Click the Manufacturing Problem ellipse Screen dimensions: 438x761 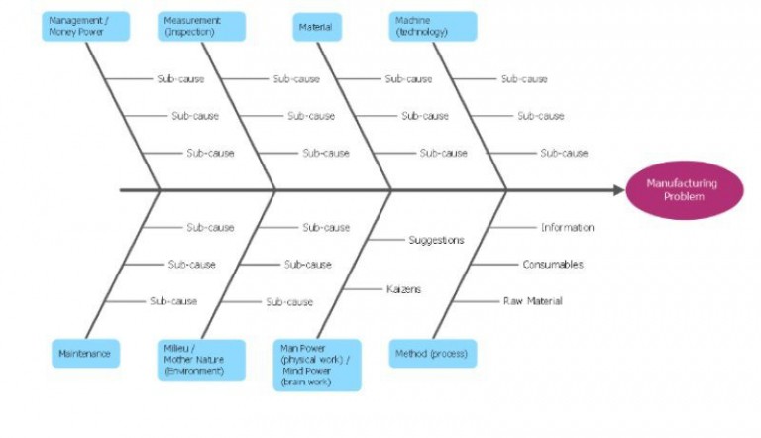[x=682, y=189]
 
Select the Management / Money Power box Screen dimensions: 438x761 [x=87, y=26]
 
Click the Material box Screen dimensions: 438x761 [x=315, y=26]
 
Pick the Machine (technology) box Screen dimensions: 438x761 [x=433, y=26]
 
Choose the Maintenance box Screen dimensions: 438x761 [x=85, y=353]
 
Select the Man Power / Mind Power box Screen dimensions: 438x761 [x=317, y=365]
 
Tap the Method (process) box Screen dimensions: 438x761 [x=432, y=353]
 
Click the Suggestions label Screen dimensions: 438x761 [x=436, y=240]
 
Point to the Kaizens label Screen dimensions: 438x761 [x=403, y=289]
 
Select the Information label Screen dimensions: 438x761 [x=567, y=227]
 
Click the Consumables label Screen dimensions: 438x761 [x=553, y=265]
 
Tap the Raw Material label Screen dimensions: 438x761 [x=533, y=301]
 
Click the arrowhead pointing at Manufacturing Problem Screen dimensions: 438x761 [x=614, y=189]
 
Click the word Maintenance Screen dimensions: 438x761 [x=85, y=353]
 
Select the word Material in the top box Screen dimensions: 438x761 [x=315, y=26]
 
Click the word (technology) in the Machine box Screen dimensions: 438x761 [x=422, y=32]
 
